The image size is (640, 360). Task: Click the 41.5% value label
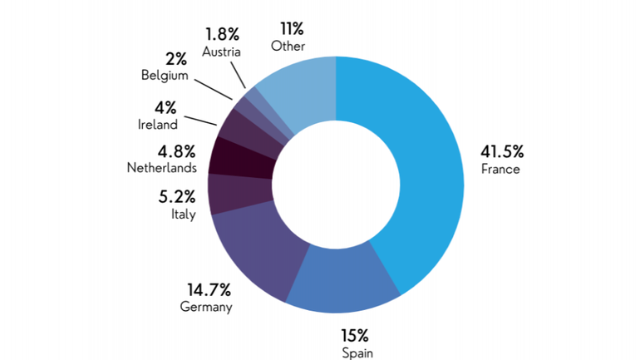[502, 151]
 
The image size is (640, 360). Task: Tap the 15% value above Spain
[355, 336]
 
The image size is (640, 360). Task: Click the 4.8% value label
[177, 151]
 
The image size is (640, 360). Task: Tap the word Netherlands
[161, 168]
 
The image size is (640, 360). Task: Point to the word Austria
[221, 51]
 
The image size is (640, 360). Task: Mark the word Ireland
[157, 125]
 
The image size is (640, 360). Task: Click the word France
[500, 169]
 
